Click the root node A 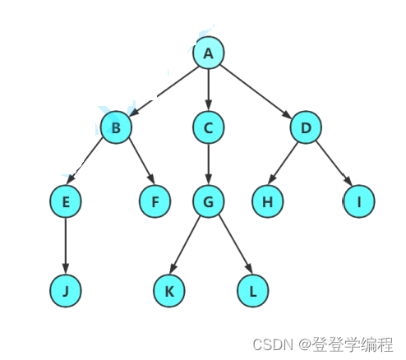click(x=209, y=53)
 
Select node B click(x=116, y=127)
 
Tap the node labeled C click(x=209, y=127)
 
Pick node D click(x=306, y=127)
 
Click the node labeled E click(x=66, y=201)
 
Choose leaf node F click(x=155, y=201)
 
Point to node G click(x=209, y=201)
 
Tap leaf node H click(x=268, y=201)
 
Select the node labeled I click(x=359, y=201)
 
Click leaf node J click(x=66, y=291)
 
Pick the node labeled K click(x=169, y=291)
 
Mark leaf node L click(x=252, y=291)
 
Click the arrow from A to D click(x=256, y=91)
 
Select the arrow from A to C click(x=209, y=90)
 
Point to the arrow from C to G click(x=209, y=164)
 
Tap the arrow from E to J click(x=66, y=246)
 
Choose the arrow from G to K click(x=185, y=245)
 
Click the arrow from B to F click(x=142, y=161)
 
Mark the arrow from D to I click(x=334, y=164)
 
